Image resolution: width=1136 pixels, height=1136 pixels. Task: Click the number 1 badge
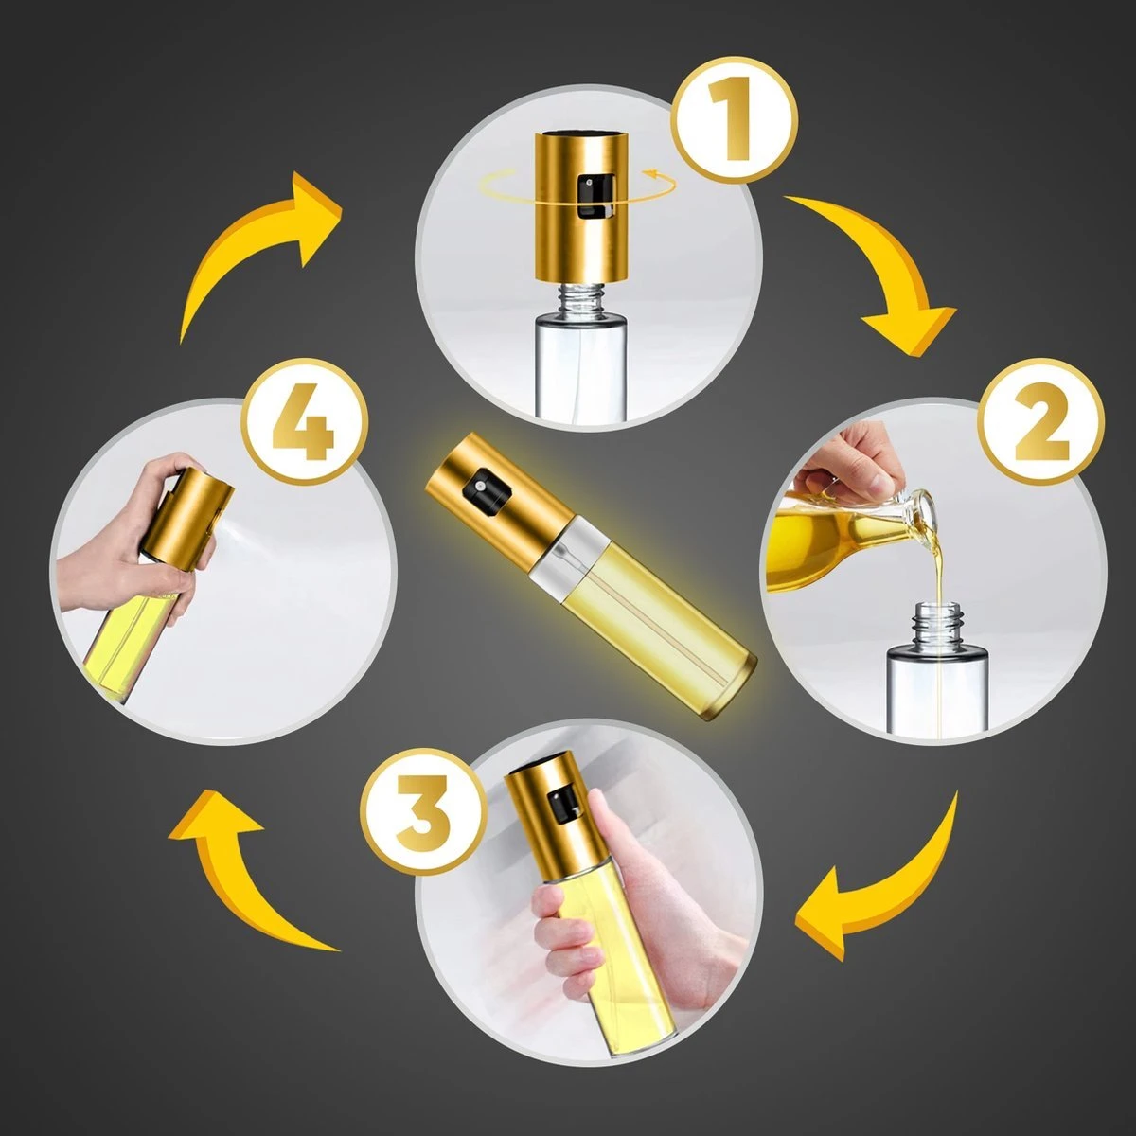[x=734, y=119]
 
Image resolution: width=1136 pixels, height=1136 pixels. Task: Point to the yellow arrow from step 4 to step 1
[x=260, y=251]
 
